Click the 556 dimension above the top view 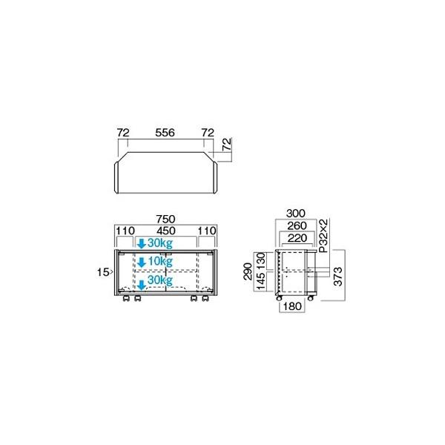coord(165,133)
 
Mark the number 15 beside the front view coord(103,273)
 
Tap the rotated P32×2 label coord(323,236)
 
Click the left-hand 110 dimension coord(124,231)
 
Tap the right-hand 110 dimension coord(206,231)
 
